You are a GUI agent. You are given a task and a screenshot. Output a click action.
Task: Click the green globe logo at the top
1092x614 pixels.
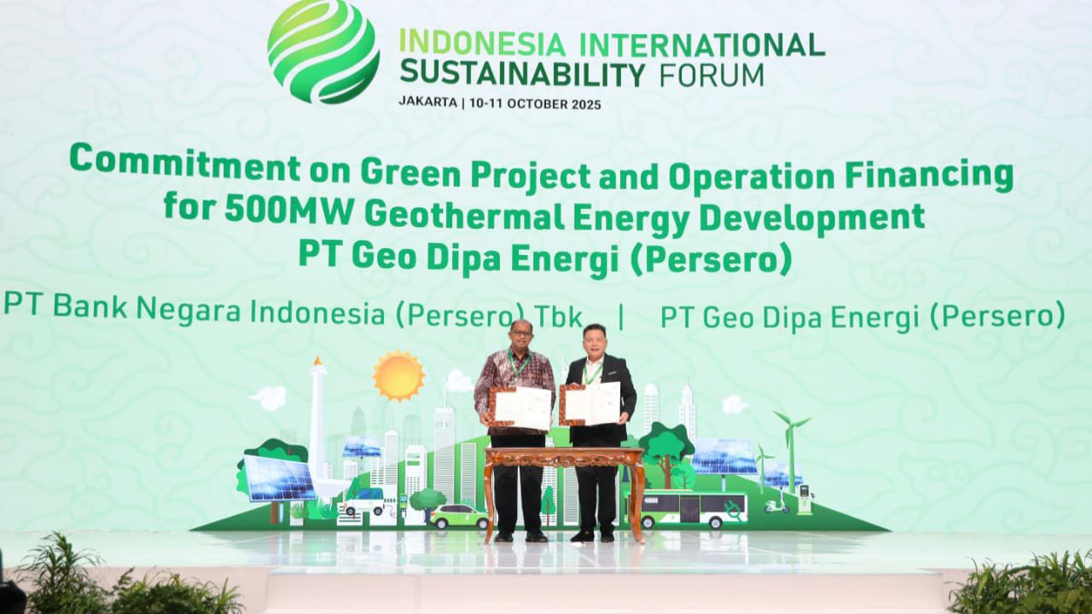pos(323,51)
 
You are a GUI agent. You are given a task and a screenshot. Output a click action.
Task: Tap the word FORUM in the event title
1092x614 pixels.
pos(712,75)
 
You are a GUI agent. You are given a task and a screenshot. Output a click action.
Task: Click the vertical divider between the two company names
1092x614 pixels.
pos(621,316)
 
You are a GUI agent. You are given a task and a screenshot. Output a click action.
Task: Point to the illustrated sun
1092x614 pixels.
pos(398,376)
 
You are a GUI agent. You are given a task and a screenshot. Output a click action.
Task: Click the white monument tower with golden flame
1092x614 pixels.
pos(317,418)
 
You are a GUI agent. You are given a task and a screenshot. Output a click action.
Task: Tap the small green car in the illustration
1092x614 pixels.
pos(458,516)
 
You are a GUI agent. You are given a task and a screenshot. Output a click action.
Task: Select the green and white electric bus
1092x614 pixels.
pos(693,509)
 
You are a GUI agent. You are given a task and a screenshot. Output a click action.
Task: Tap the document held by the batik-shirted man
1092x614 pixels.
pos(522,408)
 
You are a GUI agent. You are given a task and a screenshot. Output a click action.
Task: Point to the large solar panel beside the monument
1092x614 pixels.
pos(280,479)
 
